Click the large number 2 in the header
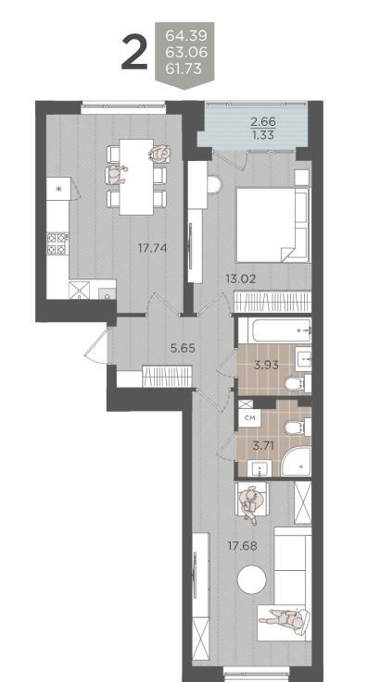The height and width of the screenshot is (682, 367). [x=134, y=52]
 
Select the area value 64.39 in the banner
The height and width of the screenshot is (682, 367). [x=186, y=36]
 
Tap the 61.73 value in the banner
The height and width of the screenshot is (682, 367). [x=184, y=68]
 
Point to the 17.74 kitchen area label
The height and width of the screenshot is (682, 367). [x=153, y=248]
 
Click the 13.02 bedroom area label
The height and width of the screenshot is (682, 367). [x=241, y=279]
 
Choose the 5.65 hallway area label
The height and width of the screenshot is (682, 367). [x=182, y=348]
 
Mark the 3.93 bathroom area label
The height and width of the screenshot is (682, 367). [x=266, y=365]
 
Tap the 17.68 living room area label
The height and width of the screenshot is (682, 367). [x=243, y=546]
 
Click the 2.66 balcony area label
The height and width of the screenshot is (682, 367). [x=263, y=122]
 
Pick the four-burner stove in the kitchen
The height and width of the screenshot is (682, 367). [x=57, y=243]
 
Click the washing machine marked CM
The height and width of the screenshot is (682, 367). [x=250, y=418]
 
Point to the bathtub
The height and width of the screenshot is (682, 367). [x=274, y=331]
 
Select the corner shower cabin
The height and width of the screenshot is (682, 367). [x=296, y=462]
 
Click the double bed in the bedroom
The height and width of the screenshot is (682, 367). [x=272, y=225]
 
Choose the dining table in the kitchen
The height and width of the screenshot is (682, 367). [x=136, y=177]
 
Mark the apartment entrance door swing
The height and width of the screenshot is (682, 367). [x=95, y=346]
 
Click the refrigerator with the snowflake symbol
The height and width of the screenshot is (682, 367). [x=58, y=189]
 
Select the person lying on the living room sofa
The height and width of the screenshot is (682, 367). [x=284, y=618]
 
